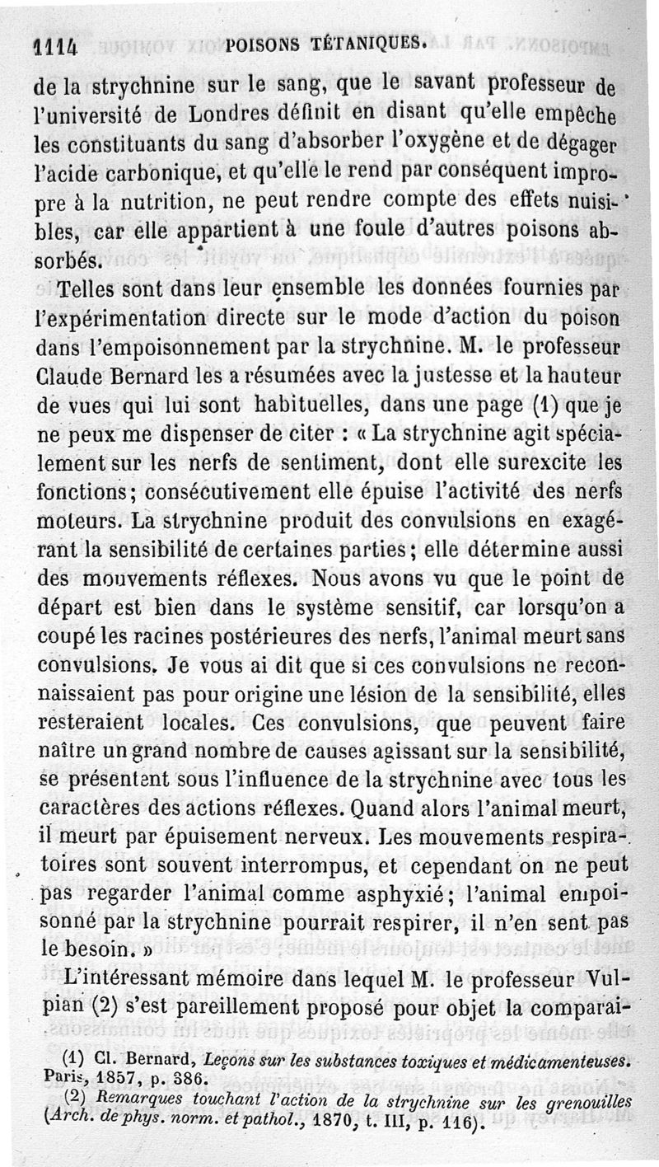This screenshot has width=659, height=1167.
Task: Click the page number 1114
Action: [55, 48]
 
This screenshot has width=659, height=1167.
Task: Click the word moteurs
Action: [70, 522]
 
